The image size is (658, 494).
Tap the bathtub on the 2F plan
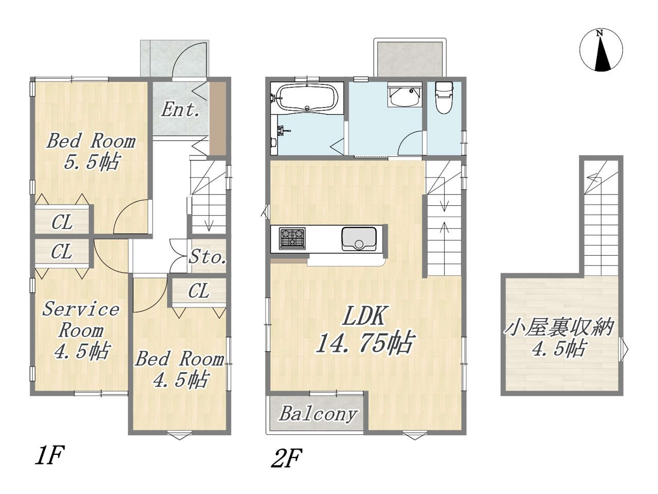307,98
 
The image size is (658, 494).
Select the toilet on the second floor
444,98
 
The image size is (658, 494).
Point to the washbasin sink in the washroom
404,95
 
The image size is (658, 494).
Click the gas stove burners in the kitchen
293,238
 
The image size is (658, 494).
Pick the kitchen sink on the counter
359,239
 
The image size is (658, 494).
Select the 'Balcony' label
318,414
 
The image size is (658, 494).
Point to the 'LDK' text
363,315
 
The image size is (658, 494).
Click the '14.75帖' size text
365,343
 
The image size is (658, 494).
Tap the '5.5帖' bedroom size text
92,162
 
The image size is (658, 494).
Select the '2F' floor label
286,458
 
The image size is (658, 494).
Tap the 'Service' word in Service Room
81,309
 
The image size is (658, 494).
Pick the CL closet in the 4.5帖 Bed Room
199,291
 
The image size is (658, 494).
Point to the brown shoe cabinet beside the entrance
217,118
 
